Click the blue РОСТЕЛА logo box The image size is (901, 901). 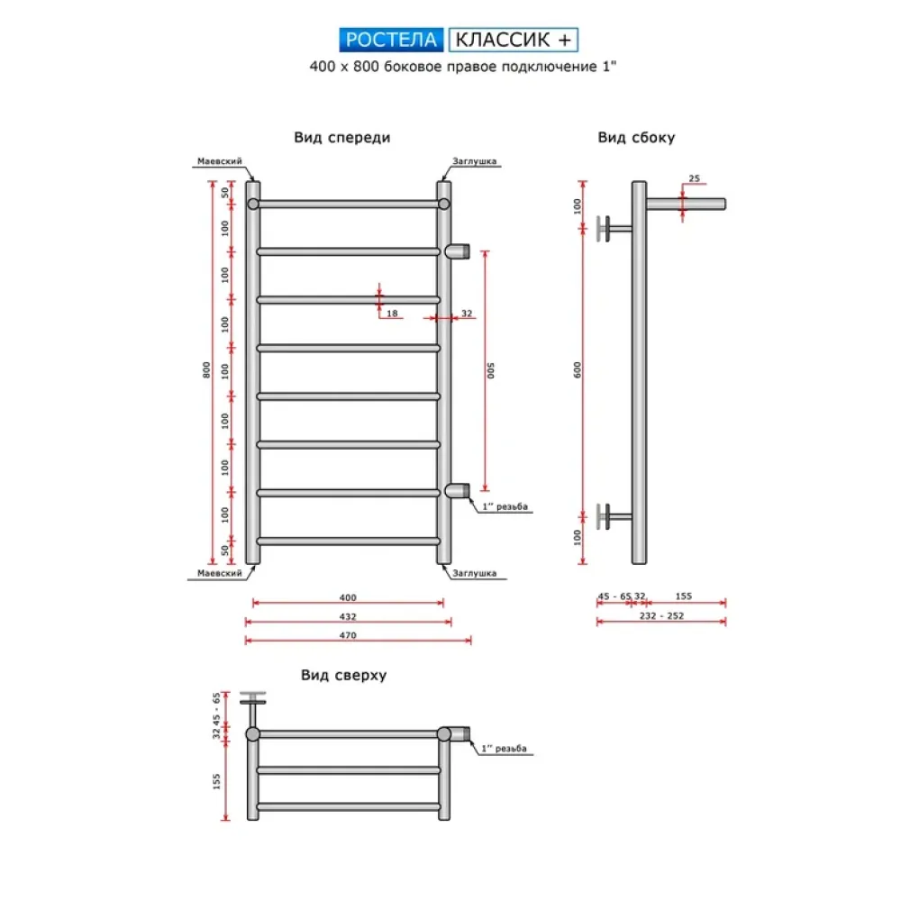(391, 40)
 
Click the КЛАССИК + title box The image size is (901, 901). (513, 40)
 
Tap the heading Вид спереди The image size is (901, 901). (341, 138)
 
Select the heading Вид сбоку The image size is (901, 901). (636, 138)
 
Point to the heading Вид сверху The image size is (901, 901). (343, 676)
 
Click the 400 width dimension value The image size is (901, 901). (348, 597)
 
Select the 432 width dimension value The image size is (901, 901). (348, 617)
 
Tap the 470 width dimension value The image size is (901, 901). (348, 636)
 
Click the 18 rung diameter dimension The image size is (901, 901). (392, 313)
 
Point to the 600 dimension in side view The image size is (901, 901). (578, 370)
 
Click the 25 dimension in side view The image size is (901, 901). (694, 178)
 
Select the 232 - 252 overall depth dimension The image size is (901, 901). (661, 616)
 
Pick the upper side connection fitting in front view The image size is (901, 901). (459, 250)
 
